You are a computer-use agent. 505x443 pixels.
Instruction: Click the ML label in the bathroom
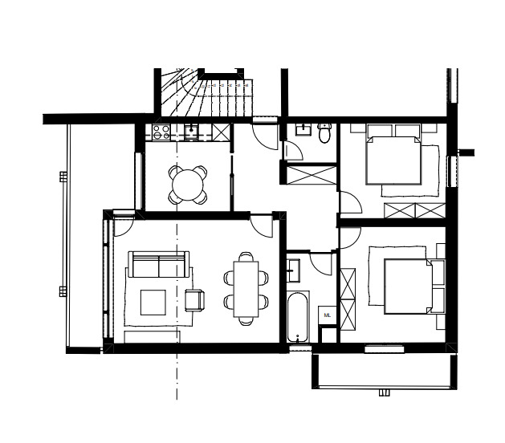(x=328, y=315)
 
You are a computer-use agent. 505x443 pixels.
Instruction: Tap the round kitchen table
(x=188, y=185)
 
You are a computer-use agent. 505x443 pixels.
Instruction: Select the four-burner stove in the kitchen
(x=161, y=132)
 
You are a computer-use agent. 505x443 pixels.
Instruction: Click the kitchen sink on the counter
(x=192, y=132)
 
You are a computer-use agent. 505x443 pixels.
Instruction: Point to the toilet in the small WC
(x=324, y=133)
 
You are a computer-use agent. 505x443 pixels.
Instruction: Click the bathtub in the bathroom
(x=298, y=317)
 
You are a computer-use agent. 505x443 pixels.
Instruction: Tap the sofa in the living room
(x=159, y=264)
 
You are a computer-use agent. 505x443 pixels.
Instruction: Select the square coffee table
(x=153, y=303)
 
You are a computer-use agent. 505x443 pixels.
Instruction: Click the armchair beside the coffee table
(x=195, y=300)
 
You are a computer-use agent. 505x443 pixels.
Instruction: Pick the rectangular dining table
(x=246, y=289)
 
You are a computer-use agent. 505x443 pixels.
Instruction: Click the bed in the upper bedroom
(x=393, y=161)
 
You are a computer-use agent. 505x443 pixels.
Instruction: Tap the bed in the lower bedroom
(x=409, y=287)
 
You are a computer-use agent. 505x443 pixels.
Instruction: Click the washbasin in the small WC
(x=303, y=129)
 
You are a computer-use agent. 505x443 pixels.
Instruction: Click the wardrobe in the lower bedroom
(x=348, y=299)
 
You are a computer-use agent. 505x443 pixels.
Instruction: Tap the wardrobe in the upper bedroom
(x=415, y=210)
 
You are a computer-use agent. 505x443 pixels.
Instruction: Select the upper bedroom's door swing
(x=350, y=202)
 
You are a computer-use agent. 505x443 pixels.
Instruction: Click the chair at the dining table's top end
(x=246, y=257)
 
